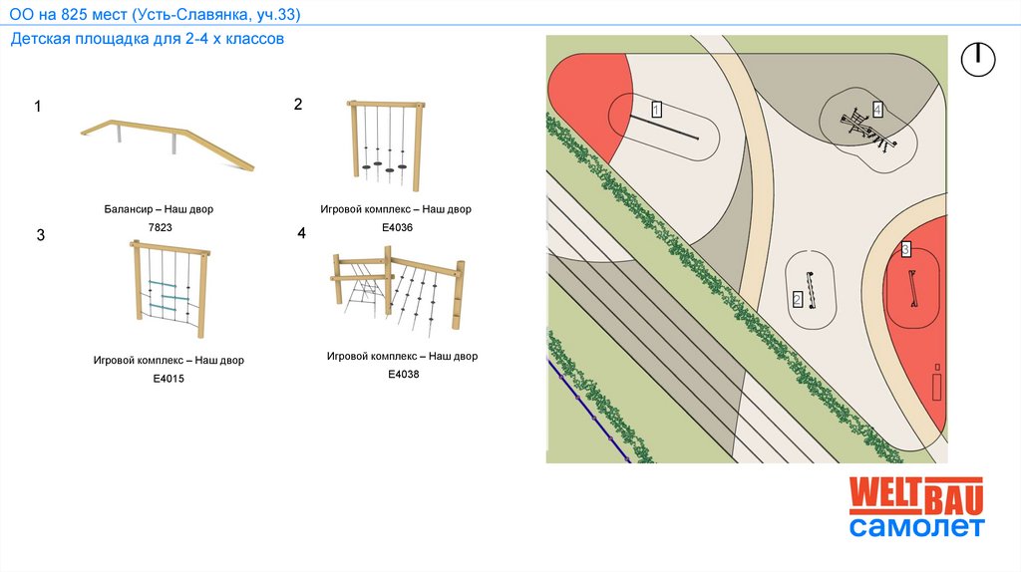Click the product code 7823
pyautogui.click(x=160, y=228)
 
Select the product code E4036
pyautogui.click(x=397, y=227)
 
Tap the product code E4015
pyautogui.click(x=169, y=379)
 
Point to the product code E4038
pyautogui.click(x=403, y=375)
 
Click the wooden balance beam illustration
pyautogui.click(x=168, y=142)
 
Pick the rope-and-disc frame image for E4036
pyautogui.click(x=385, y=144)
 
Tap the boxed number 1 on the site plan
pyautogui.click(x=657, y=109)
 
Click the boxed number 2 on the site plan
pyautogui.click(x=798, y=299)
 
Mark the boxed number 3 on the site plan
pyautogui.click(x=905, y=249)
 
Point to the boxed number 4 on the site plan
pyautogui.click(x=877, y=109)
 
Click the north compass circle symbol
pyautogui.click(x=978, y=60)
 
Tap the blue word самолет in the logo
pyautogui.click(x=916, y=527)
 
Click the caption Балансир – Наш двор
pyautogui.click(x=159, y=210)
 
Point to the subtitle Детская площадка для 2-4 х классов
pyautogui.click(x=149, y=40)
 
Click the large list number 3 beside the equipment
pyautogui.click(x=41, y=236)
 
